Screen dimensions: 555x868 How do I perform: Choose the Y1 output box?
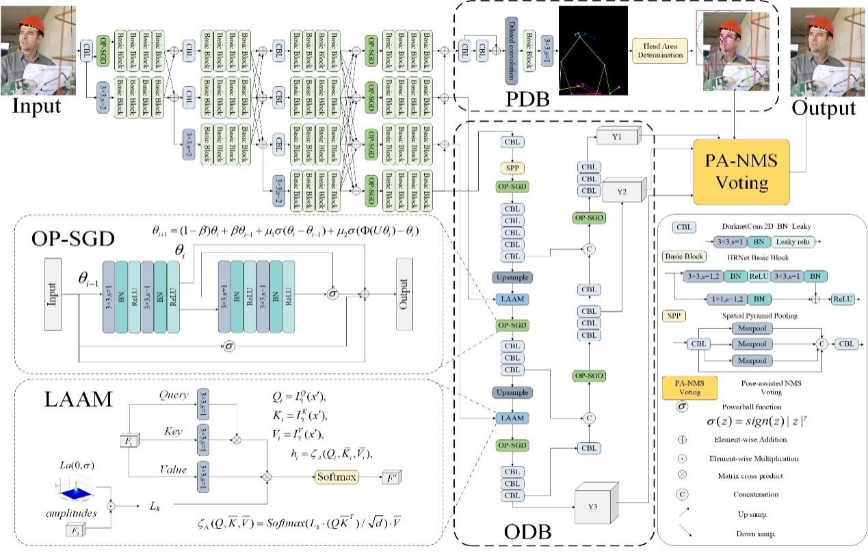[617, 137]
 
